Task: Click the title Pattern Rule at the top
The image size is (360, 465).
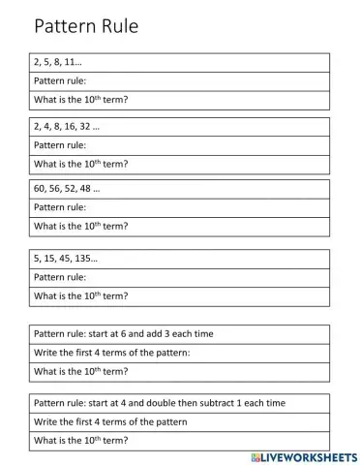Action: tap(86, 26)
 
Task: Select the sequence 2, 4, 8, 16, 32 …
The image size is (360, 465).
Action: tap(67, 127)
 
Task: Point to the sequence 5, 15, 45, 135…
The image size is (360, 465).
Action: tap(66, 259)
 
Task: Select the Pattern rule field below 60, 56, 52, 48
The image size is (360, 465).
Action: tap(60, 207)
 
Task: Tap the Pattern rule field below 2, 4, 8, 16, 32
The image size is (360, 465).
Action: tap(60, 145)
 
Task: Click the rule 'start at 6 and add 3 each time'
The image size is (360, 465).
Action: tap(123, 333)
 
